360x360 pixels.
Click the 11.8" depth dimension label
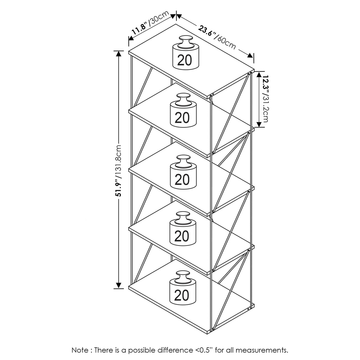click(140, 29)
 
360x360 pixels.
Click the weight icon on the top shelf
click(186, 53)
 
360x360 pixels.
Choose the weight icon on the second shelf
click(183, 110)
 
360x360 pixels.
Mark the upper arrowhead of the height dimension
click(118, 53)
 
